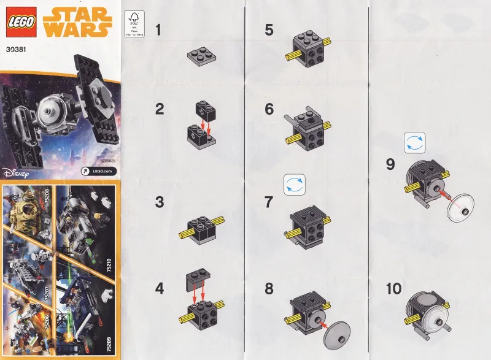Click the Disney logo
[16, 172]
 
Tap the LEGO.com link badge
[98, 172]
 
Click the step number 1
[160, 29]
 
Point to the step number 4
[160, 287]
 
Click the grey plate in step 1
[203, 57]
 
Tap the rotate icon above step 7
[294, 185]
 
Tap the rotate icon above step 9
[414, 144]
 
